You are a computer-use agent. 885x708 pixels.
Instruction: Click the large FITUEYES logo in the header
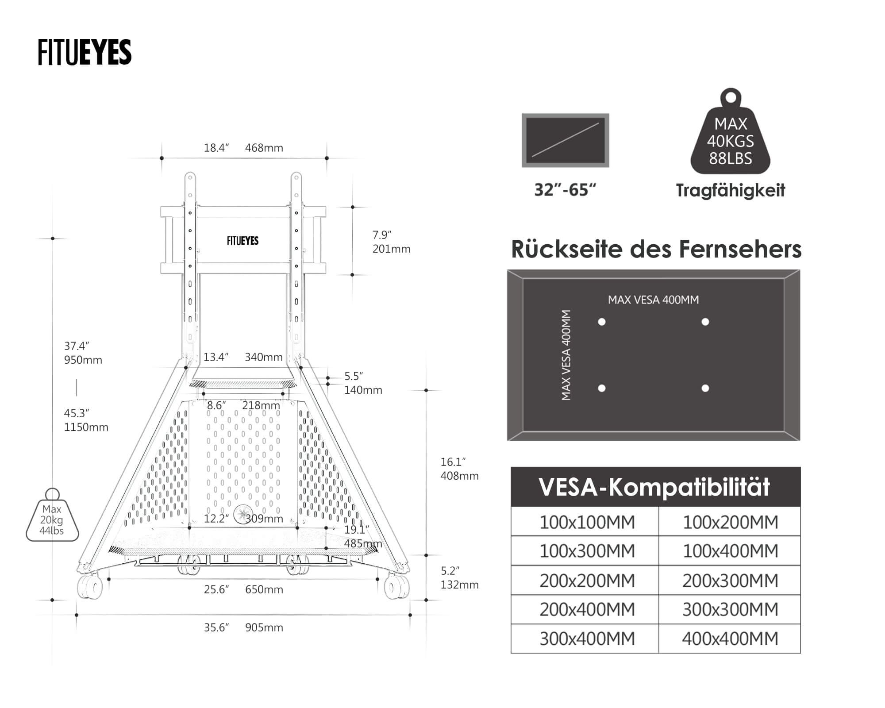(85, 52)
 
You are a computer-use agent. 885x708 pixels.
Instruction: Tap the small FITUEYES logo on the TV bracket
(242, 241)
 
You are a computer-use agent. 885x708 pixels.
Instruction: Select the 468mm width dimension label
(264, 148)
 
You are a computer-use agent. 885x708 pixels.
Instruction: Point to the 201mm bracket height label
(391, 249)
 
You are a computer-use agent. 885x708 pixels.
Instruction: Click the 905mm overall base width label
(264, 627)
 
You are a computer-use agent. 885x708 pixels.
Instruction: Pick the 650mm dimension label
(264, 589)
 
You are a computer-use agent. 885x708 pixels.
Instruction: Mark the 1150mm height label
(86, 427)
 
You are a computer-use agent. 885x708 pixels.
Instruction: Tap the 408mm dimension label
(459, 476)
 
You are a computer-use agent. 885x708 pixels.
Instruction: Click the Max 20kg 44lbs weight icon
(52, 518)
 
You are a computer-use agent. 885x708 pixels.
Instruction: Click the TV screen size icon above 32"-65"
(565, 140)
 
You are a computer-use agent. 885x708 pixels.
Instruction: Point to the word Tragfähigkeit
(730, 190)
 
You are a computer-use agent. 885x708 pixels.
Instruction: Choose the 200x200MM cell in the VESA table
(587, 581)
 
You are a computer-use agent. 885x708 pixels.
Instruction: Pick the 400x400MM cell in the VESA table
(730, 639)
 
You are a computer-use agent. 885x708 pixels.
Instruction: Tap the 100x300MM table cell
(587, 551)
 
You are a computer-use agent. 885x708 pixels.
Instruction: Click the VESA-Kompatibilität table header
(655, 487)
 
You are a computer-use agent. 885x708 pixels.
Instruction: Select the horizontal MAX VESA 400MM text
(653, 300)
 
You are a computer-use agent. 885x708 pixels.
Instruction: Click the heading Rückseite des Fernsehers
(656, 249)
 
